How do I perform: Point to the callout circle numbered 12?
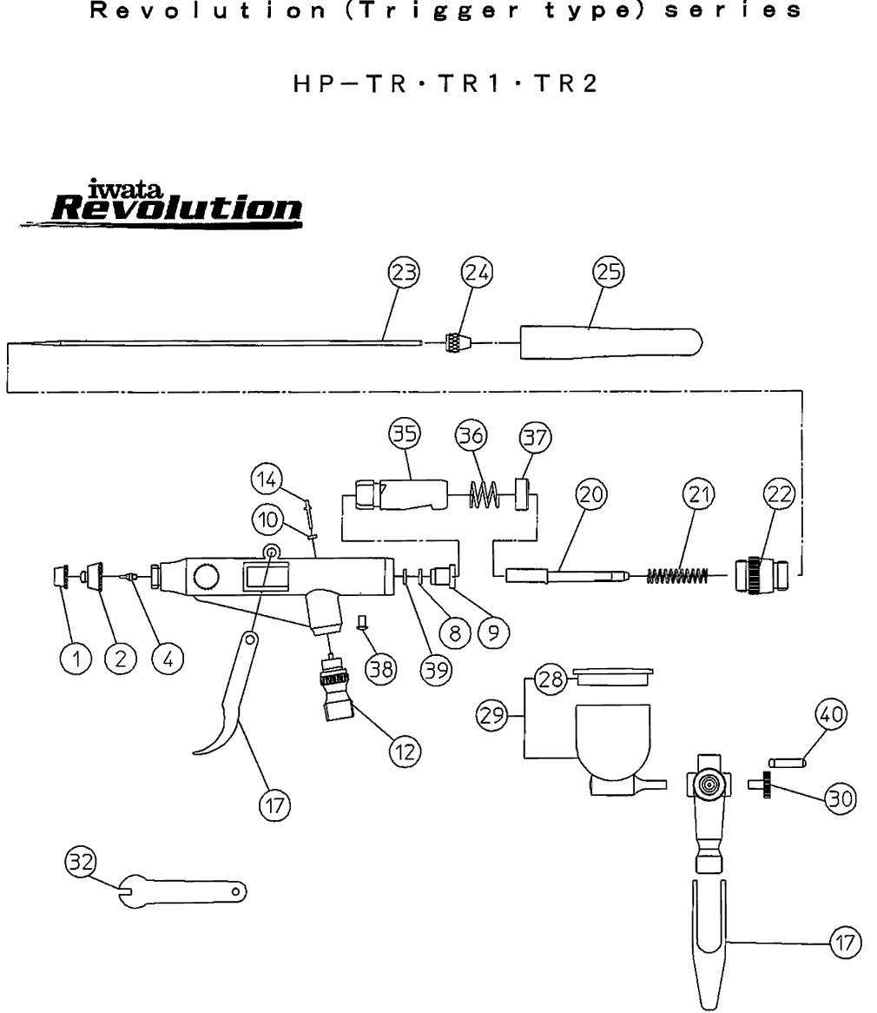(402, 748)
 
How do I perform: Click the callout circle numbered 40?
(832, 716)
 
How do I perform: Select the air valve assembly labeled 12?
(338, 695)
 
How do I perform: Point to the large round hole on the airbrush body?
(208, 578)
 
